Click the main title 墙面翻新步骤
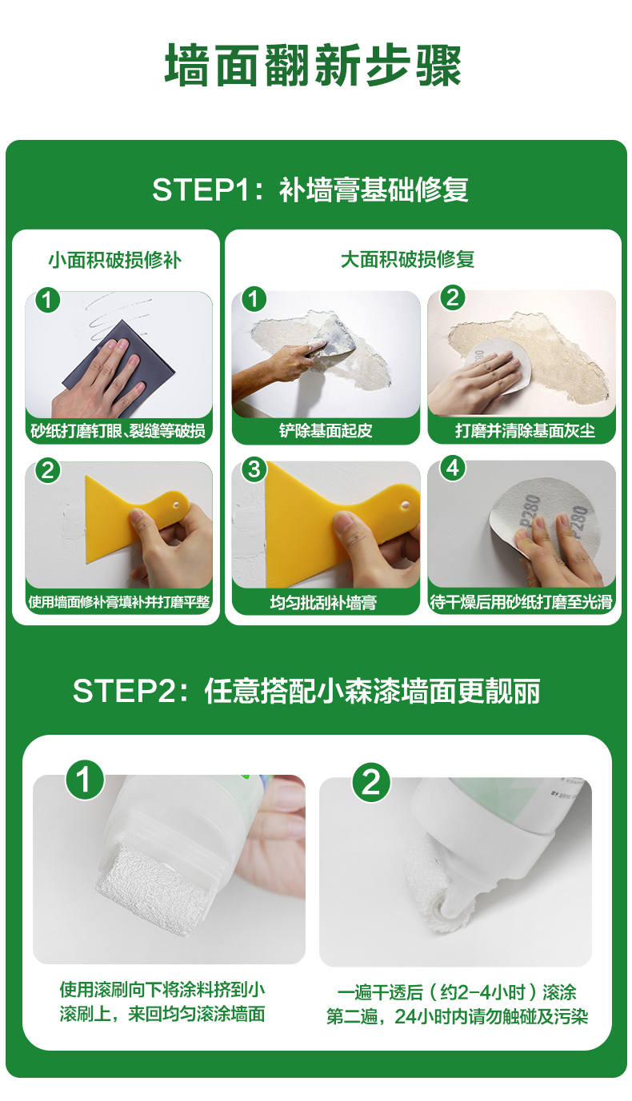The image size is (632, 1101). click(x=314, y=66)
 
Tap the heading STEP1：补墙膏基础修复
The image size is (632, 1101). click(x=310, y=189)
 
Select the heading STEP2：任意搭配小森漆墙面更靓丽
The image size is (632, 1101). click(x=306, y=691)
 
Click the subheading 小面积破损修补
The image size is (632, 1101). click(x=114, y=260)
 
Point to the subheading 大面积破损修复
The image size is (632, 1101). click(x=407, y=260)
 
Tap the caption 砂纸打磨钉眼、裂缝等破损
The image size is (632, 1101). click(x=118, y=431)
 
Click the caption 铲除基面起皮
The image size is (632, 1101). click(x=326, y=431)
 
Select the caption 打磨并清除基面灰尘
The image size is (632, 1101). click(x=525, y=431)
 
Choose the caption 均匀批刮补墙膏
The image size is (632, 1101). click(x=323, y=603)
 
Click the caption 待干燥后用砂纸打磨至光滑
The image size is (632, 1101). click(x=522, y=602)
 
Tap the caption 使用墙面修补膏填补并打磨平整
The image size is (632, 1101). click(x=119, y=602)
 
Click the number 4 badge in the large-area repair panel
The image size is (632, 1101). click(x=453, y=469)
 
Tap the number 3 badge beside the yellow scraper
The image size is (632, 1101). click(x=254, y=470)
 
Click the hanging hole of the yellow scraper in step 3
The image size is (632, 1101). click(x=406, y=505)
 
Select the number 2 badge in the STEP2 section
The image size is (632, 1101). click(x=371, y=782)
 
